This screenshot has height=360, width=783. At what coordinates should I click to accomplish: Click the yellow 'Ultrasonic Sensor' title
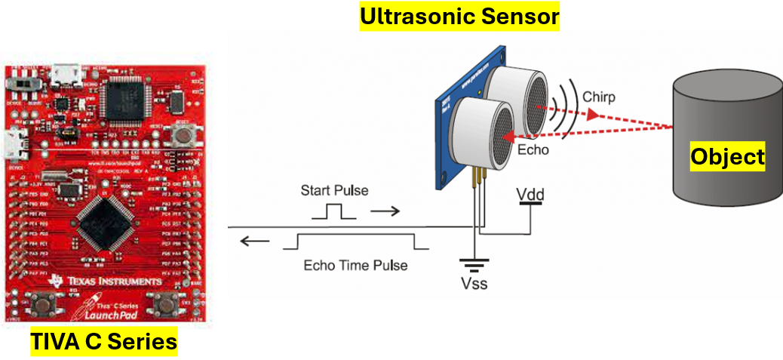tap(459, 16)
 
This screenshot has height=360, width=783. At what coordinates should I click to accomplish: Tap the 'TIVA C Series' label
tap(104, 342)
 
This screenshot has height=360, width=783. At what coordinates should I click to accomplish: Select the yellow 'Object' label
tap(728, 157)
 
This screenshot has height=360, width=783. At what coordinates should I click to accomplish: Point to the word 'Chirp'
tap(599, 97)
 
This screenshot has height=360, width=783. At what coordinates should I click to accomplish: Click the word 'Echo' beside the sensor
tap(533, 149)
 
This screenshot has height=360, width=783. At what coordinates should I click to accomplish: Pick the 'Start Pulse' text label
tap(334, 190)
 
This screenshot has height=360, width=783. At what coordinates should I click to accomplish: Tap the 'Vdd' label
tap(531, 195)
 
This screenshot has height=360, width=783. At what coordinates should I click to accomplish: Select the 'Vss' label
tap(474, 285)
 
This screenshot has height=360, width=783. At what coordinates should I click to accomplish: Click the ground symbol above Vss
tap(474, 265)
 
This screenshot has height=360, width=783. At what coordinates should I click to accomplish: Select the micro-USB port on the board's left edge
tap(14, 141)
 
